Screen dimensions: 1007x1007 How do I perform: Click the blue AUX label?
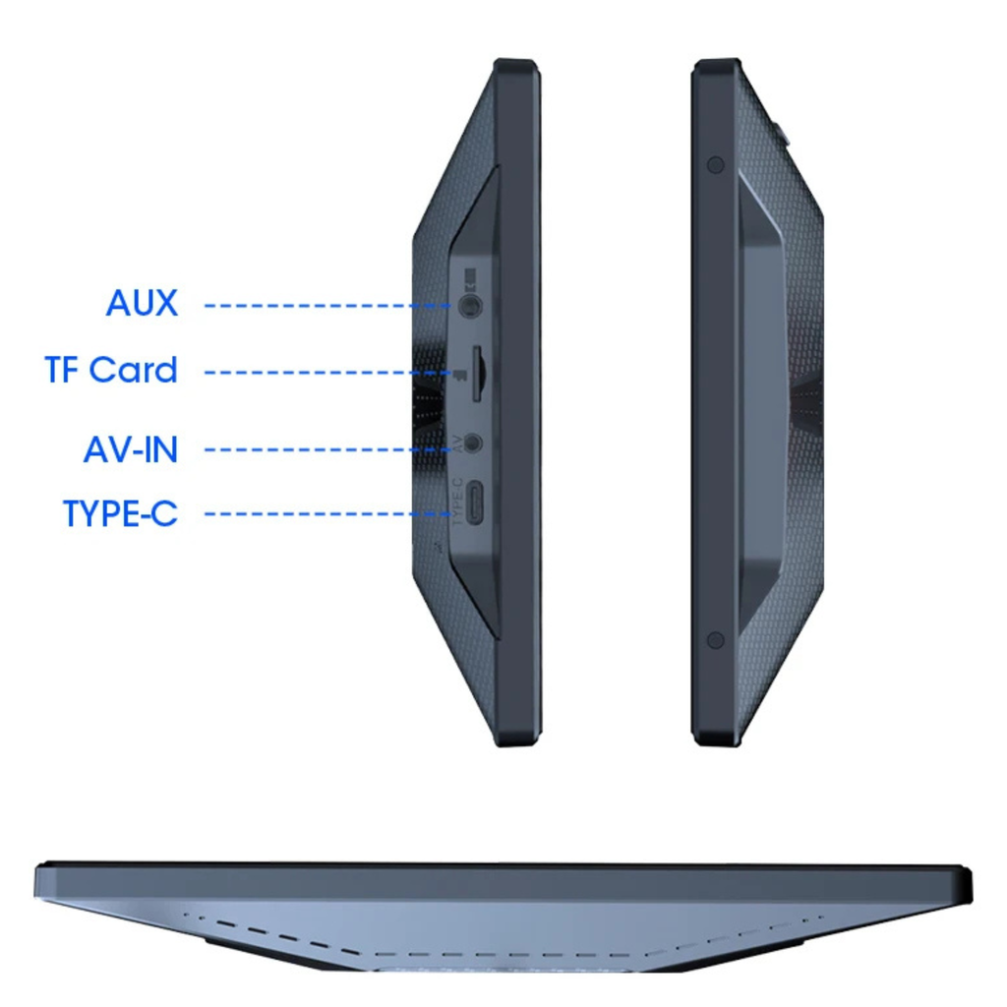pyautogui.click(x=142, y=303)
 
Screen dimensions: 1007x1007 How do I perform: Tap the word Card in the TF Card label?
pyautogui.click(x=134, y=370)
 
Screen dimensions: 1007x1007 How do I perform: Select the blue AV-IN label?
pyautogui.click(x=131, y=449)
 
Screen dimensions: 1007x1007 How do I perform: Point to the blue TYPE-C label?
pyautogui.click(x=121, y=513)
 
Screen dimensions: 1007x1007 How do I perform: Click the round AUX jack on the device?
pyautogui.click(x=471, y=305)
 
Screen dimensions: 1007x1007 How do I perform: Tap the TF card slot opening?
pyautogui.click(x=478, y=375)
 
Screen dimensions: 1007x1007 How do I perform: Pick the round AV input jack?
pyautogui.click(x=473, y=444)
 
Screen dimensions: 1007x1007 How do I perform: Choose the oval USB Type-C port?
pyautogui.click(x=475, y=503)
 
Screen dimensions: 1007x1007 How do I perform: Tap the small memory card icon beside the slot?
pyautogui.click(x=459, y=375)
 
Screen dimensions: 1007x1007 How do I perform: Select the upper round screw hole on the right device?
pyautogui.click(x=716, y=165)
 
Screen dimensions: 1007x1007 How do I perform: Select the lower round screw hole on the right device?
pyautogui.click(x=716, y=640)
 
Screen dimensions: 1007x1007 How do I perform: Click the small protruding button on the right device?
pyautogui.click(x=784, y=132)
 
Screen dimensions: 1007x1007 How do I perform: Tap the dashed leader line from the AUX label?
pyautogui.click(x=327, y=306)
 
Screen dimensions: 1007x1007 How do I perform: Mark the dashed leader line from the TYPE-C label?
pyautogui.click(x=327, y=513)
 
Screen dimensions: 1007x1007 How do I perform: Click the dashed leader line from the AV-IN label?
pyautogui.click(x=327, y=449)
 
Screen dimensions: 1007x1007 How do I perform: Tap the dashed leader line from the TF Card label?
pyautogui.click(x=327, y=373)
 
